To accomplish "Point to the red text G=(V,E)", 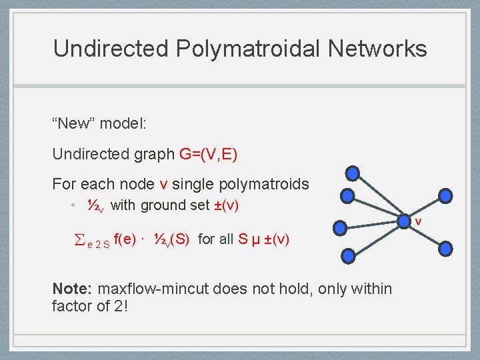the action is tap(209, 154).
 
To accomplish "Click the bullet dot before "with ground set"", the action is tap(75, 205).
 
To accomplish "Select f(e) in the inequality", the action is tap(129, 239).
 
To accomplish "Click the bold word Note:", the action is tap(73, 289).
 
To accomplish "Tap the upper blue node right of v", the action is tap(446, 196).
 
